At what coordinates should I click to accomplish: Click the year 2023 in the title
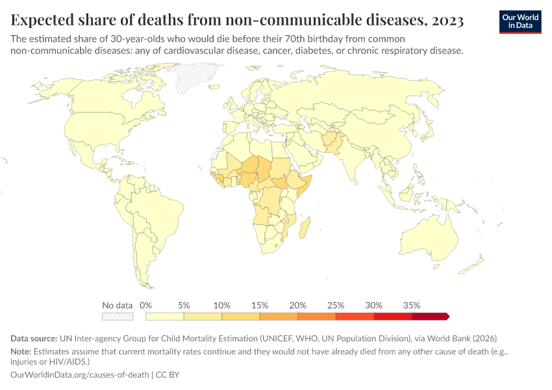pos(447,21)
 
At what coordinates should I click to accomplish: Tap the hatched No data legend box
pos(118,317)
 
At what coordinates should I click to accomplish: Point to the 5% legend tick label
pos(184,305)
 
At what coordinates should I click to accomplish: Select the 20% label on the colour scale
pos(297,305)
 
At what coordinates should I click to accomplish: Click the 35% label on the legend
pos(412,305)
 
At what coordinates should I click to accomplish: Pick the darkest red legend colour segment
pos(429,317)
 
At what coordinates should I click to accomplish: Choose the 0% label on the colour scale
pos(146,305)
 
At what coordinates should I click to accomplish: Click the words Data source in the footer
pos(34,339)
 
